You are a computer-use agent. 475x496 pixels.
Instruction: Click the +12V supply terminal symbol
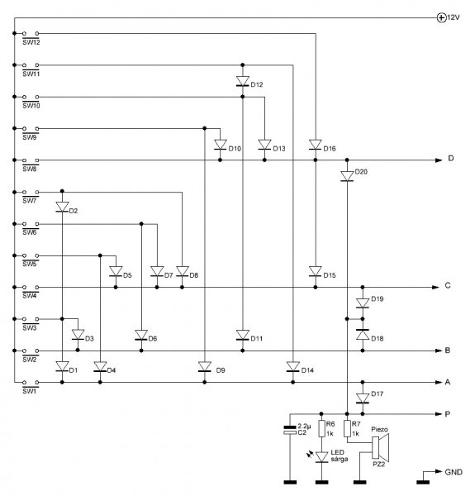click(x=441, y=17)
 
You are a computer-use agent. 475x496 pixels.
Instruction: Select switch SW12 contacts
click(x=31, y=33)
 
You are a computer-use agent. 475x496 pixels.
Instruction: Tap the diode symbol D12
click(x=243, y=81)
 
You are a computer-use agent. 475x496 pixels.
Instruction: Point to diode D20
click(x=347, y=176)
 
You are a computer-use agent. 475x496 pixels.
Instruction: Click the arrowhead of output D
click(x=439, y=160)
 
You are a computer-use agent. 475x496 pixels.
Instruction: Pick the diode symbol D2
click(x=62, y=207)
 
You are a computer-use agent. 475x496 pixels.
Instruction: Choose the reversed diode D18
click(x=363, y=335)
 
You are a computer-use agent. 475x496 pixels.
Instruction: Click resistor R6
click(x=321, y=428)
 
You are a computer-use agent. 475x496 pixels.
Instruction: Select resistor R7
click(x=347, y=428)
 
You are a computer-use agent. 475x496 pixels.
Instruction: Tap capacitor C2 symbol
click(x=290, y=430)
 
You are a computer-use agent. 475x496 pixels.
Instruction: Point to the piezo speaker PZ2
click(x=380, y=447)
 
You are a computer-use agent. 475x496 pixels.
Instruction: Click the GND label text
click(x=454, y=472)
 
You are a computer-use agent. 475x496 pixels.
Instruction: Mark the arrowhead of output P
click(x=439, y=414)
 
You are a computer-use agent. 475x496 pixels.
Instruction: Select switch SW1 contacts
click(x=31, y=383)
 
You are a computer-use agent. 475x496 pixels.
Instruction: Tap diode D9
click(x=205, y=366)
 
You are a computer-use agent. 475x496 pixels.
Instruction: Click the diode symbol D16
click(x=316, y=145)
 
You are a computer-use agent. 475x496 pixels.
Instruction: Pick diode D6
click(x=141, y=335)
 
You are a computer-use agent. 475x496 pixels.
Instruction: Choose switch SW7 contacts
click(x=31, y=192)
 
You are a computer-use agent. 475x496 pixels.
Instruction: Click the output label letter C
click(x=448, y=285)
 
